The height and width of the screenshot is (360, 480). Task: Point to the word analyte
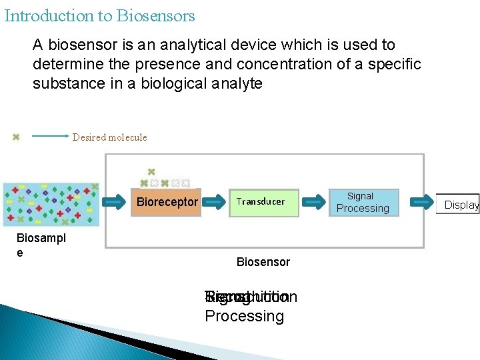coord(235,84)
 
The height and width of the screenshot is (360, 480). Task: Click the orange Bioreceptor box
coord(167,202)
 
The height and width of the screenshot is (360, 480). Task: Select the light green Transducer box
coord(260,202)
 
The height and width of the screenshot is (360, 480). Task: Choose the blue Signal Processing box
coord(363,203)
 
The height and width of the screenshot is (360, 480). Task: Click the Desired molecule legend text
coord(109,137)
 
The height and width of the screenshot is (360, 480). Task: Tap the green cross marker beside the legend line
coord(16,137)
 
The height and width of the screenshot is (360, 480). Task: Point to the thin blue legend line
coord(50,137)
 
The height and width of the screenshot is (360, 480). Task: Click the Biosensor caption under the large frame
coord(263,262)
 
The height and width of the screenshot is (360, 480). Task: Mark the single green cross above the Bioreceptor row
coord(151,172)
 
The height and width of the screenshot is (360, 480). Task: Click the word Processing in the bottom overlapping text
coord(244,316)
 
